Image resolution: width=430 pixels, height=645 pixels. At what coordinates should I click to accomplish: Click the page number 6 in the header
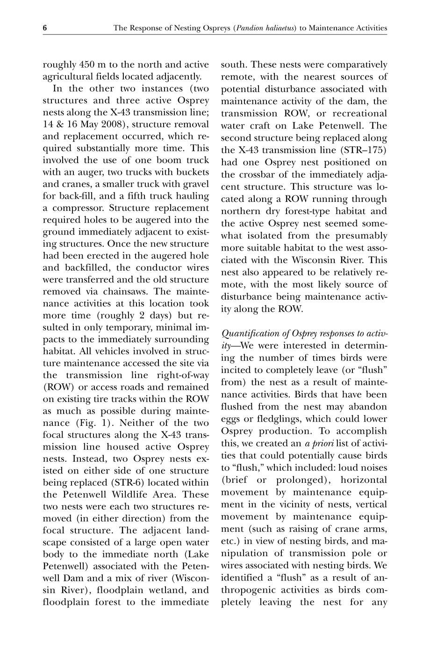tap(45, 28)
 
